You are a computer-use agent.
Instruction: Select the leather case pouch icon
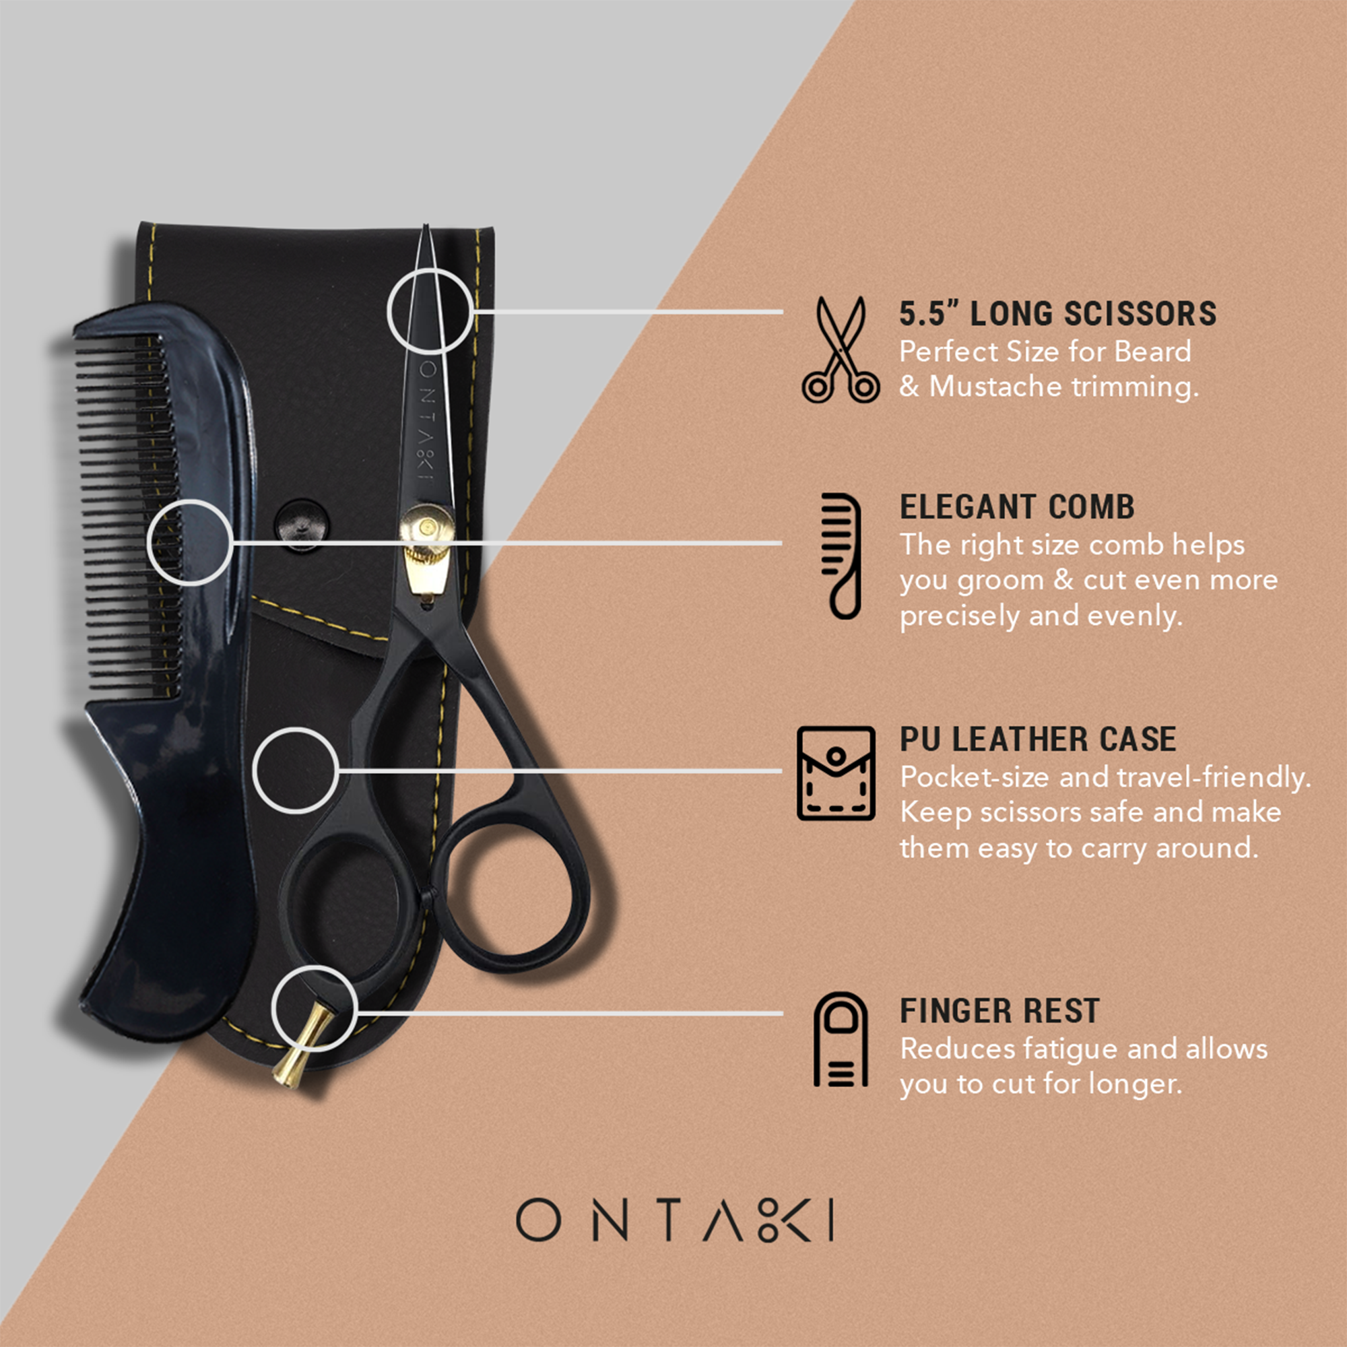click(836, 774)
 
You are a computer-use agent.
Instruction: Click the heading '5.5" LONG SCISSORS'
click(1057, 314)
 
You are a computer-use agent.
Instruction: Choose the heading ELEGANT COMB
click(1017, 507)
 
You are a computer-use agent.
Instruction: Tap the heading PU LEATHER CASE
click(1037, 740)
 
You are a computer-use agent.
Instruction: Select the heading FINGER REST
click(999, 1011)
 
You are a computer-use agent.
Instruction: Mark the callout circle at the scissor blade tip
click(430, 311)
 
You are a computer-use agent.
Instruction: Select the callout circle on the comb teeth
click(190, 541)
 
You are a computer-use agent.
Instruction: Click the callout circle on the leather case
click(296, 770)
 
